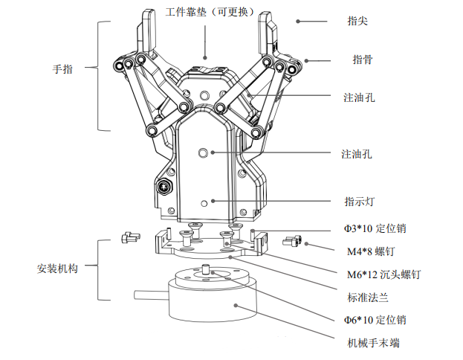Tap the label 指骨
point(362,60)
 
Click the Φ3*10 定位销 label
point(375,228)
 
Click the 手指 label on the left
point(63,70)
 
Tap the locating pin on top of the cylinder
point(204,269)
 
